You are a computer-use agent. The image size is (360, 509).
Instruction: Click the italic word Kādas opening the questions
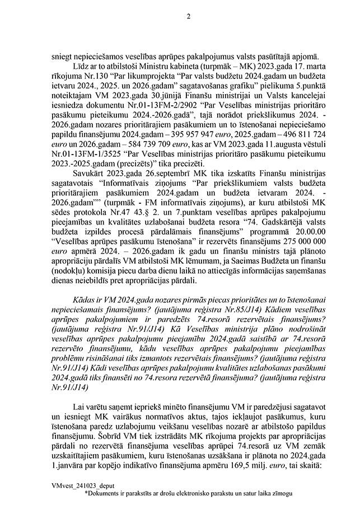(x=85, y=300)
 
